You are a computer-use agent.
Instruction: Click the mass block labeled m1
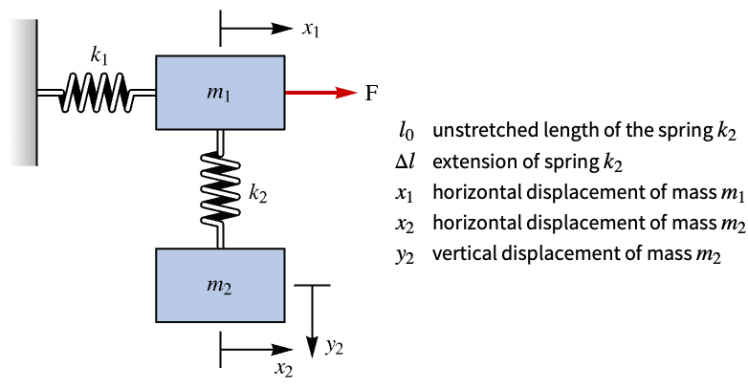click(220, 93)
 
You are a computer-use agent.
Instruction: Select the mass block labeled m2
click(220, 285)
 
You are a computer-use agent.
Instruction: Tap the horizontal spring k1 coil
click(96, 93)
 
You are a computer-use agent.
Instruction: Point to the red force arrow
click(321, 93)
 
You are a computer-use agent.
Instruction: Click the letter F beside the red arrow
click(371, 93)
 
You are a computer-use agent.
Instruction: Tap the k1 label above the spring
click(99, 56)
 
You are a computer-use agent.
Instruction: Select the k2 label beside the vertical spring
click(258, 194)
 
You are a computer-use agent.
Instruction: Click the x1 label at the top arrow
click(311, 29)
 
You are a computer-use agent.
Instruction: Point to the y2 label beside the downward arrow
click(335, 348)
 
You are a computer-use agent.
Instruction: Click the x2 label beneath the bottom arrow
click(284, 369)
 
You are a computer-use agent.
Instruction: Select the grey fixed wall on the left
click(24, 93)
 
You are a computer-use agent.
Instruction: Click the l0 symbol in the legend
click(407, 131)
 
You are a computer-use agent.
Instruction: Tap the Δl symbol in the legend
click(405, 162)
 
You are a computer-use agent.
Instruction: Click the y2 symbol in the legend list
click(405, 255)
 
